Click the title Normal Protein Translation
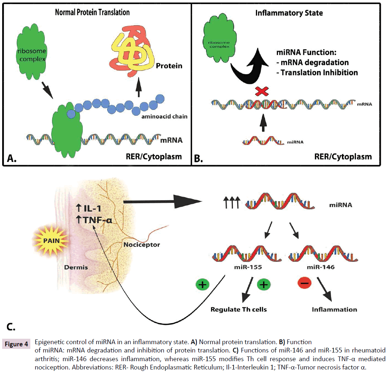[x=92, y=12]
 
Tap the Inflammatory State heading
[x=289, y=13]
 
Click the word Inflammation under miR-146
[x=334, y=309]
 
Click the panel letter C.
[x=11, y=328]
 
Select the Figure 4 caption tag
[x=17, y=345]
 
